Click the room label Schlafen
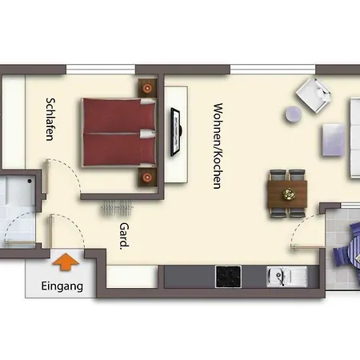click(x=50, y=118)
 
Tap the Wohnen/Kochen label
click(x=217, y=145)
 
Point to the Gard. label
click(x=125, y=237)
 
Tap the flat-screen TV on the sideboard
click(x=177, y=132)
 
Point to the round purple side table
click(x=294, y=115)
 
